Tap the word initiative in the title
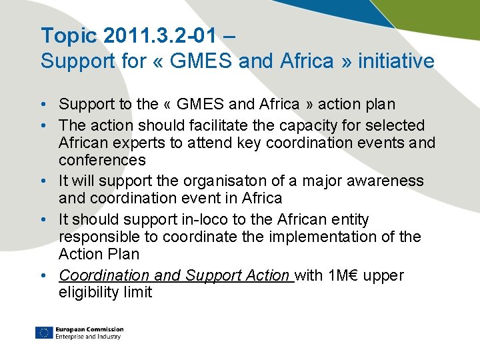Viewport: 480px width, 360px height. (396, 61)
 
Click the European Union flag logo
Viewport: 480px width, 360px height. (44, 333)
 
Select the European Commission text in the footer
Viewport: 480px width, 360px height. (89, 329)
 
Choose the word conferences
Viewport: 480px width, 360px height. (102, 160)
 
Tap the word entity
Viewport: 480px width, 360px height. (349, 219)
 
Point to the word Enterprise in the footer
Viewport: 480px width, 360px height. (69, 337)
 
